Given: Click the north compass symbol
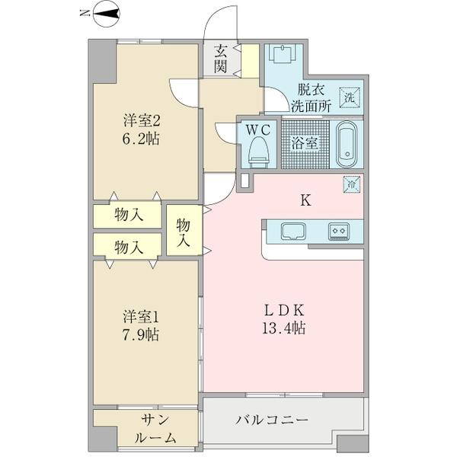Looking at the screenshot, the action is tap(106, 14).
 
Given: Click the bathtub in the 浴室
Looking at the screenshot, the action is tap(347, 144).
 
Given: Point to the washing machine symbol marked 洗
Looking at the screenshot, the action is tap(350, 97).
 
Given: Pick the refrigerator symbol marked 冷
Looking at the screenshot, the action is tap(352, 184).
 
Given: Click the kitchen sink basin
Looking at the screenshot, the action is tap(293, 232).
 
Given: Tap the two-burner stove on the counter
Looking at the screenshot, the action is tap(339, 232).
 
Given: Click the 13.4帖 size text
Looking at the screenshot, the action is tap(284, 328).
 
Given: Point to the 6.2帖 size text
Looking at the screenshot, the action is tap(141, 139).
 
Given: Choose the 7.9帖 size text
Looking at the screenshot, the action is tap(140, 335).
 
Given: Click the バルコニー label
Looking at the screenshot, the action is tap(272, 420).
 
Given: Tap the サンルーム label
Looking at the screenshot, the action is tap(156, 429).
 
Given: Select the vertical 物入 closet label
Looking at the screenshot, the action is tap(184, 232).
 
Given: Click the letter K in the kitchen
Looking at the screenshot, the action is tap(305, 200).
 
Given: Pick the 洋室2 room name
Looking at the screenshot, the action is tap(142, 120).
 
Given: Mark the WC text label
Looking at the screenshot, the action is tap(258, 130).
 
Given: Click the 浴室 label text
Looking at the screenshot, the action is tap(305, 143).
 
